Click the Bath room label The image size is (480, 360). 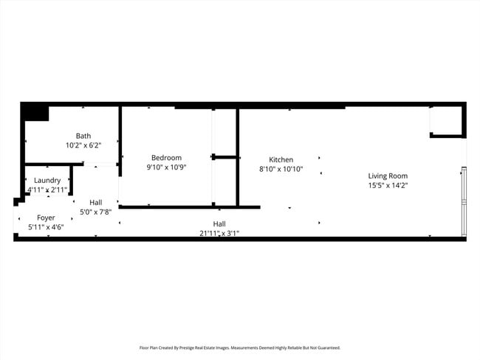83,136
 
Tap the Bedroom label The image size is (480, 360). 166,157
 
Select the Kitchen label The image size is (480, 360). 281,159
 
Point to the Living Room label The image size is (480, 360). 388,176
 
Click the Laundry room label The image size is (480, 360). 47,180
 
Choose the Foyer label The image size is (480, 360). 46,218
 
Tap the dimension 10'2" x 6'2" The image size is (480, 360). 83,145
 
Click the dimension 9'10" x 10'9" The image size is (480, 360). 166,167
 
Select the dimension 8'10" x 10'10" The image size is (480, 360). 281,169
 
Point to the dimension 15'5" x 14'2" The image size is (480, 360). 388,185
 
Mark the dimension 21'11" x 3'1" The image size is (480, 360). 219,233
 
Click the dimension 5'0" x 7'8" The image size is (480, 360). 95,212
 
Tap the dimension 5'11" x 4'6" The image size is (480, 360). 46,227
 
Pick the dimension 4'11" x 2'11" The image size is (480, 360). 47,190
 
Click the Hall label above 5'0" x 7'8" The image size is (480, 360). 95,202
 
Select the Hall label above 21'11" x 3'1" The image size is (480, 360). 219,224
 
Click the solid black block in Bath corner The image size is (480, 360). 35,113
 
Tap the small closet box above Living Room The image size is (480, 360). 446,121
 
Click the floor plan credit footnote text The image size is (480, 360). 240,347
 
